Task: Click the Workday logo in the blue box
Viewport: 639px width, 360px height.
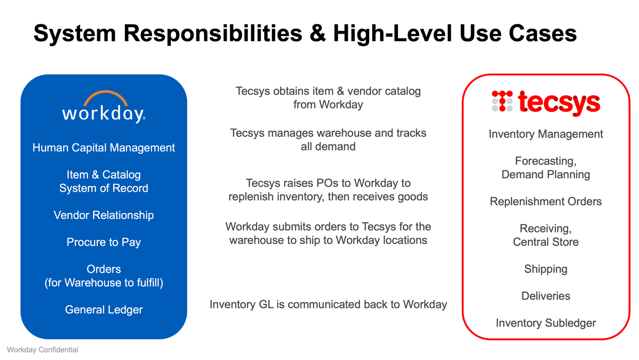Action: pos(104,107)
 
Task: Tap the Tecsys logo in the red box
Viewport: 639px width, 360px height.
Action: pos(546,102)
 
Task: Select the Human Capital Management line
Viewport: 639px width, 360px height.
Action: pos(104,148)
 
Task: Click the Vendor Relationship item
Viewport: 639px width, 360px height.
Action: pos(104,215)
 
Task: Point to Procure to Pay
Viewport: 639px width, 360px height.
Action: pos(104,242)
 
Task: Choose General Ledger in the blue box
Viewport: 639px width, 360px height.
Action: pos(104,310)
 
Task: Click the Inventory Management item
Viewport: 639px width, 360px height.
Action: pos(546,134)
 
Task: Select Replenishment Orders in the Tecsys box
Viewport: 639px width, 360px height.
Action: pos(546,202)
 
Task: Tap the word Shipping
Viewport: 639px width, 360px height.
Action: pos(546,269)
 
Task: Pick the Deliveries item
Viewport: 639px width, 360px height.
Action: pos(546,296)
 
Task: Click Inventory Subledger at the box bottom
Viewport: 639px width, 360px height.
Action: pos(546,323)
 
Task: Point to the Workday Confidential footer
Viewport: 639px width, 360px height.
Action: pos(43,350)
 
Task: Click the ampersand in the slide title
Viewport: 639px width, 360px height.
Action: pos(317,33)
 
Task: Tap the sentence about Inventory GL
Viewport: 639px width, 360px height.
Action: pos(328,305)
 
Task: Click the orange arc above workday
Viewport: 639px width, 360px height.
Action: pos(105,96)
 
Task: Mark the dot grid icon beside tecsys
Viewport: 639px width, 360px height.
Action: pos(502,101)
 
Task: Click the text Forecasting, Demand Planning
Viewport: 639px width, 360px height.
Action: pos(546,168)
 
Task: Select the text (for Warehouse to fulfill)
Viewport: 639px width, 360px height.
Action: pos(104,283)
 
